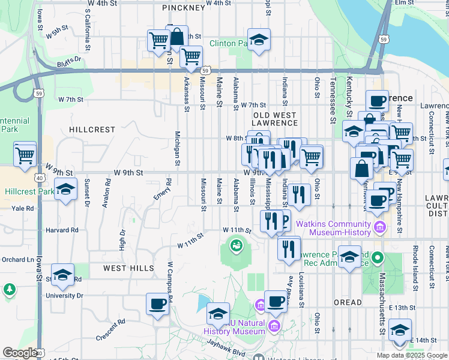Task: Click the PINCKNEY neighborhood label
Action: point(183,8)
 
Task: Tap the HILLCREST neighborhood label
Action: point(92,130)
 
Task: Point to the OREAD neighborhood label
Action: point(348,302)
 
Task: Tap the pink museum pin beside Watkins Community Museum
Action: point(379,228)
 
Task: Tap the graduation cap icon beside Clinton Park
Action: point(259,40)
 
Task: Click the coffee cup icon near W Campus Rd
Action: point(157,304)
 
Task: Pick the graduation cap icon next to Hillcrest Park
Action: point(65,190)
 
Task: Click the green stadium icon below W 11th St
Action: point(237,245)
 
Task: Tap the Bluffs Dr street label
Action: point(69,61)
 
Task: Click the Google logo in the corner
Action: point(19,353)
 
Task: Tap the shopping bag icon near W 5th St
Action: point(178,37)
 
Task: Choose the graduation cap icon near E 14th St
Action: point(400,329)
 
